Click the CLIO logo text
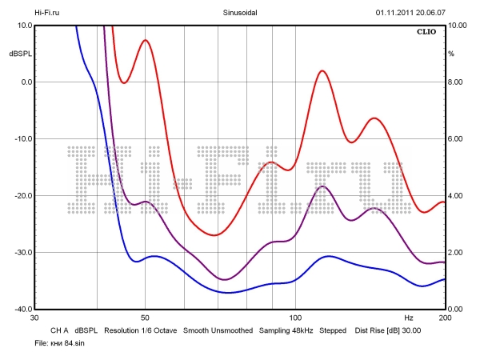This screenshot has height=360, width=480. coord(426,33)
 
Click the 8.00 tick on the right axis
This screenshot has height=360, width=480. coord(455,82)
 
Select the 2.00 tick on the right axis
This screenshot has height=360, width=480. coord(455,253)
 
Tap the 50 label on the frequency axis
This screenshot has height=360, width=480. coord(145,318)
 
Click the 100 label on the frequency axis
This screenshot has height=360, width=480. coord(294,318)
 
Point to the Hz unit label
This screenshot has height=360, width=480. coord(409,318)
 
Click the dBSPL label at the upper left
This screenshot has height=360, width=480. coord(20,54)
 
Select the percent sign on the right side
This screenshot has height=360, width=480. coord(451,54)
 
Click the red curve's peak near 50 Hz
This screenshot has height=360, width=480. coord(145,40)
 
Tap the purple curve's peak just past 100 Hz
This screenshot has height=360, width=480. coord(322,186)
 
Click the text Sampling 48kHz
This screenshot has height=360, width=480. coord(286,330)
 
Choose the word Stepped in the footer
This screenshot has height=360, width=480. coord(334,330)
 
